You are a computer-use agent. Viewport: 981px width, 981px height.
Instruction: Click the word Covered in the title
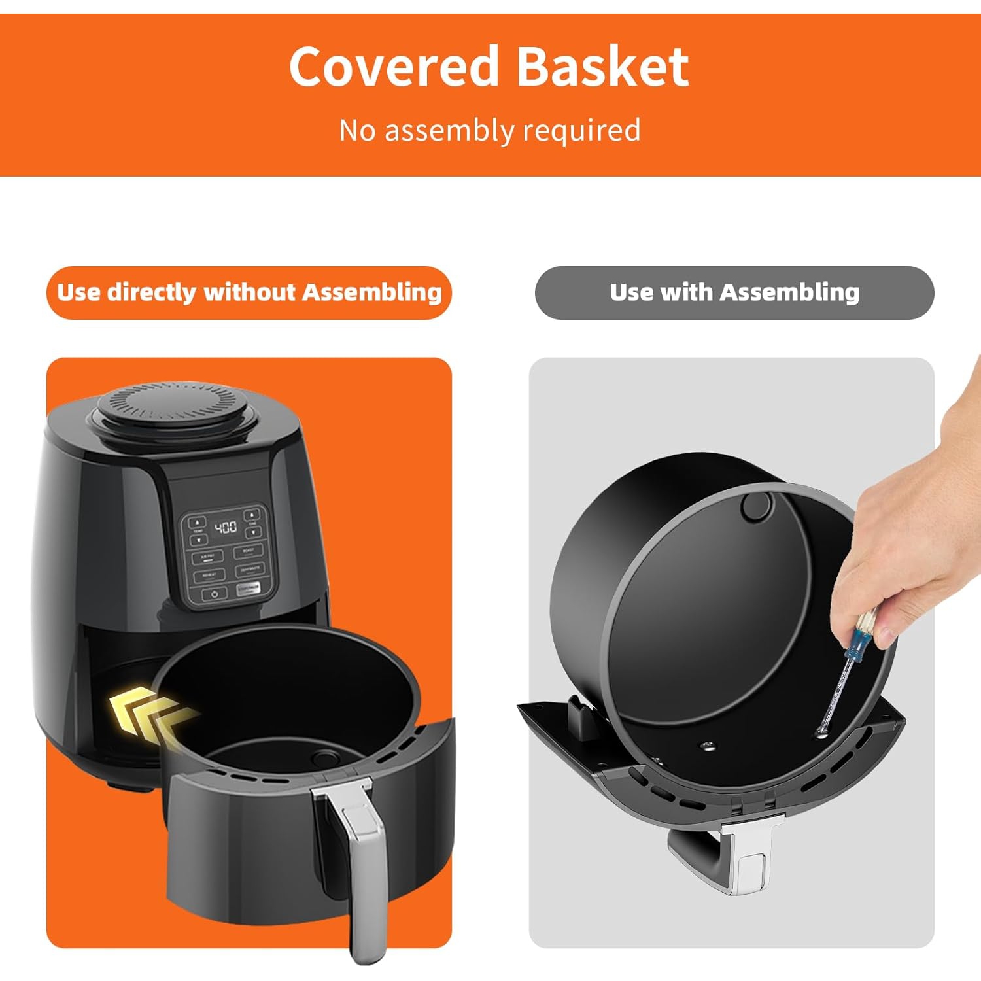[394, 66]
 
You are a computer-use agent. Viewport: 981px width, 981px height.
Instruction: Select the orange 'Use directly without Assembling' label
[249, 292]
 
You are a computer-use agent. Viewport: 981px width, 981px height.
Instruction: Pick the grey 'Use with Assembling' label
[734, 292]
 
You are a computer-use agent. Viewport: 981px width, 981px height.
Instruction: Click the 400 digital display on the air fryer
[226, 527]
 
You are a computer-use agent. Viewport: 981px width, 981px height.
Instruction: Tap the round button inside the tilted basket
[756, 506]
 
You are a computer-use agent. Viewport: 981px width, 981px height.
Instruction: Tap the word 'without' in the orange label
[250, 292]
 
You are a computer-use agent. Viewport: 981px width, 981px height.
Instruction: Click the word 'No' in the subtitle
[357, 130]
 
